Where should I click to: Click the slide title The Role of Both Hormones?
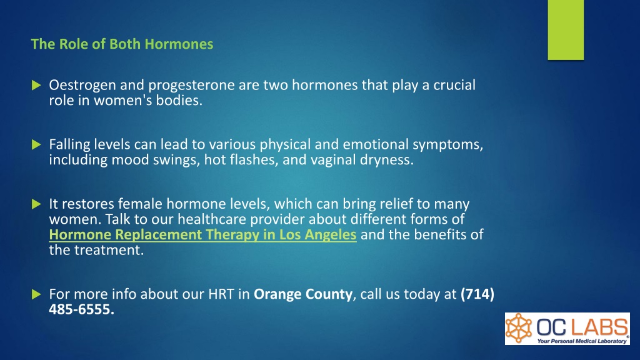[122, 44]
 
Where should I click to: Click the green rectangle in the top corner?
[566, 30]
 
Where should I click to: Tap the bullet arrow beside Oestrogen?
[36, 85]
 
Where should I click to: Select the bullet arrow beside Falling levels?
[36, 144]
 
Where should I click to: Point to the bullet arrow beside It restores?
[36, 204]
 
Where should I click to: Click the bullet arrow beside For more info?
[36, 294]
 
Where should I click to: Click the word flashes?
[254, 159]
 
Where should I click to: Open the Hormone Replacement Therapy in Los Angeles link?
[203, 235]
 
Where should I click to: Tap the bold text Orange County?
[303, 294]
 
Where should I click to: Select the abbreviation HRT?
[221, 294]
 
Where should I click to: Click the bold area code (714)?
[477, 294]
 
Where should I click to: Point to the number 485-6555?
[82, 309]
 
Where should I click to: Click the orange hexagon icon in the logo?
[519, 328]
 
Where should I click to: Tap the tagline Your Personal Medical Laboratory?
[582, 341]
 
